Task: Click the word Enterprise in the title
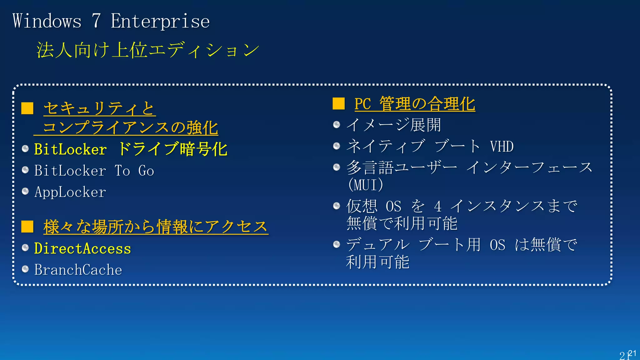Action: coord(160,21)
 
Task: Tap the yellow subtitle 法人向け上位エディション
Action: coord(147,50)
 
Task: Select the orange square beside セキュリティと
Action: coord(27,108)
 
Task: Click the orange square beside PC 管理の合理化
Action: coord(338,103)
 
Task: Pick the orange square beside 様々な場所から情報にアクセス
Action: coord(27,227)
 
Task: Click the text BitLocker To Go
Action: coord(94,171)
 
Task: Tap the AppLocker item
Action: coord(70,192)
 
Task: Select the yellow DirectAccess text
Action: coord(82,249)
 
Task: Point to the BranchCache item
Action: coord(78,270)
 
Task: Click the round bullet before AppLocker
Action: coord(25,191)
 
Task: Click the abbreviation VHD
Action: coord(502,147)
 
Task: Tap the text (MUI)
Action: coord(365,184)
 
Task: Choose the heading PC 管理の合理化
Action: coord(414,104)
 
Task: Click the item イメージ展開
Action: coord(393,125)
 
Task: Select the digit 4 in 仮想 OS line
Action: coord(437,207)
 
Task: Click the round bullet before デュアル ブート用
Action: coord(337,244)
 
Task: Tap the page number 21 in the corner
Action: coord(627,354)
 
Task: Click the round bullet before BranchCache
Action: coord(25,269)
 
